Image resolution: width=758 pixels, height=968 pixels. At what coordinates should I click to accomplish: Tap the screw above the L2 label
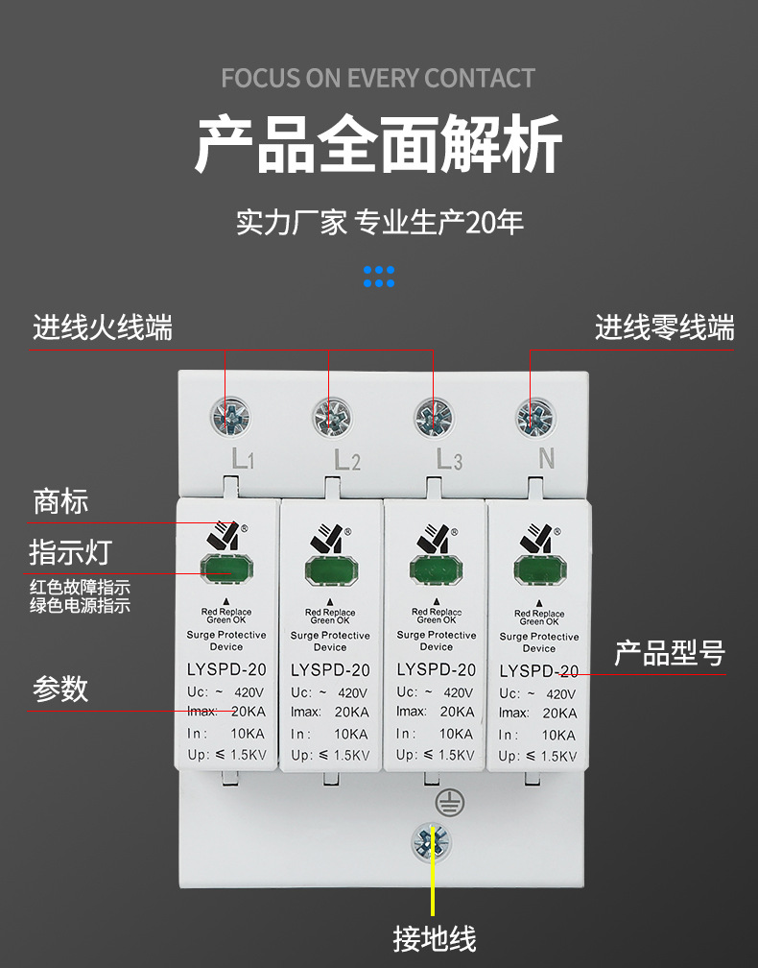pyautogui.click(x=332, y=417)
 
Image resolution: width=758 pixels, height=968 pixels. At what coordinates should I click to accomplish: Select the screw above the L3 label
pyautogui.click(x=434, y=417)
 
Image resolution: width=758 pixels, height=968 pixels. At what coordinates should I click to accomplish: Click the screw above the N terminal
pyautogui.click(x=535, y=417)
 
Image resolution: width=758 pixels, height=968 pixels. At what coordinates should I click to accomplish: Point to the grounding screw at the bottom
pyautogui.click(x=431, y=841)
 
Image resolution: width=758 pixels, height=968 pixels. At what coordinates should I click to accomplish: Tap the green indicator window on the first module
pyautogui.click(x=226, y=569)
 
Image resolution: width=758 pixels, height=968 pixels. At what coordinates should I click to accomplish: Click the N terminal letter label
pyautogui.click(x=546, y=459)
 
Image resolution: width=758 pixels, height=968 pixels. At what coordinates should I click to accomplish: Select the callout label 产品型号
pyautogui.click(x=669, y=654)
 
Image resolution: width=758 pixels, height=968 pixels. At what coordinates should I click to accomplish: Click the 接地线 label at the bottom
pyautogui.click(x=434, y=937)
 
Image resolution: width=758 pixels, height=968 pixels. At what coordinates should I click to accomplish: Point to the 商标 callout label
pyautogui.click(x=60, y=500)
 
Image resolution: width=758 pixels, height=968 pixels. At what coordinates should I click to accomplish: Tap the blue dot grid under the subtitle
pyautogui.click(x=379, y=277)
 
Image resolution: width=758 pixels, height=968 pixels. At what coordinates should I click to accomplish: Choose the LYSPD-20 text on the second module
pyautogui.click(x=330, y=670)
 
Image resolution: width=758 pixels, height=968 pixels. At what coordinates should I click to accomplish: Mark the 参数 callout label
pyautogui.click(x=60, y=688)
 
